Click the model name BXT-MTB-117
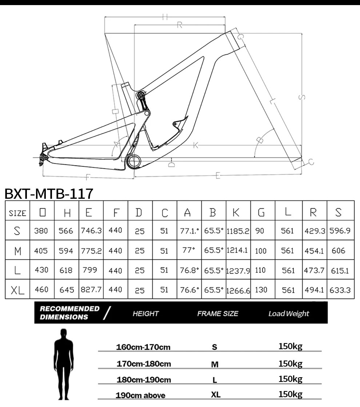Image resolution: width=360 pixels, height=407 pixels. [49, 193]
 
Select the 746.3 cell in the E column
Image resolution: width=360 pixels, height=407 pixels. [91, 231]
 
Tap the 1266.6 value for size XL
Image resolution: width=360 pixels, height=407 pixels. [238, 290]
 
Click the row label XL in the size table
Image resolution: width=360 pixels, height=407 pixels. [17, 290]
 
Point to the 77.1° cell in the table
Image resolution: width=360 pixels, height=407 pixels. [189, 231]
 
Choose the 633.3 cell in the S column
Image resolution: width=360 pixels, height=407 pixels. [340, 290]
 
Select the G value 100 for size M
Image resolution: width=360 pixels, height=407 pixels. [261, 251]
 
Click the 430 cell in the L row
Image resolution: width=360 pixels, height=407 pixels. [41, 270]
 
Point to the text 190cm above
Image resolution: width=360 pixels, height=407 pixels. [140, 395]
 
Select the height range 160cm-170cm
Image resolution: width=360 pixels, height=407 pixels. [143, 347]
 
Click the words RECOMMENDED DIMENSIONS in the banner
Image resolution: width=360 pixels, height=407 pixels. [69, 313]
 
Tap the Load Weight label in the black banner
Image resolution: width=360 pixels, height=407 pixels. [289, 314]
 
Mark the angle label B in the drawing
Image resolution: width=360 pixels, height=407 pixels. [259, 140]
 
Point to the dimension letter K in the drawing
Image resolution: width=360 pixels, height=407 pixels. [196, 145]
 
